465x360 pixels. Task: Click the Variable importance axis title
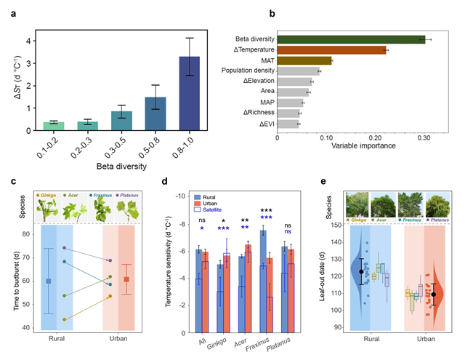[x=363, y=146]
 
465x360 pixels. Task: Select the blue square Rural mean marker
[x=49, y=281]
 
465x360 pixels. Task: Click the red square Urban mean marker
[x=128, y=279]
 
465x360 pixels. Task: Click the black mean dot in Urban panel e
[x=434, y=295]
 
